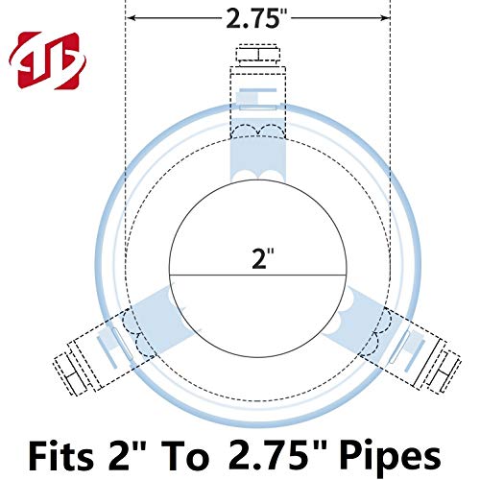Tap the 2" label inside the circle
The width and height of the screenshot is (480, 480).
click(x=257, y=257)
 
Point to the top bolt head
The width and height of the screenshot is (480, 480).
click(x=257, y=52)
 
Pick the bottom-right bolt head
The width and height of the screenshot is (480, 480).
click(x=444, y=366)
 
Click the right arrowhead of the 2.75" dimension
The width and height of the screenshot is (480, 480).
click(x=385, y=17)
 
